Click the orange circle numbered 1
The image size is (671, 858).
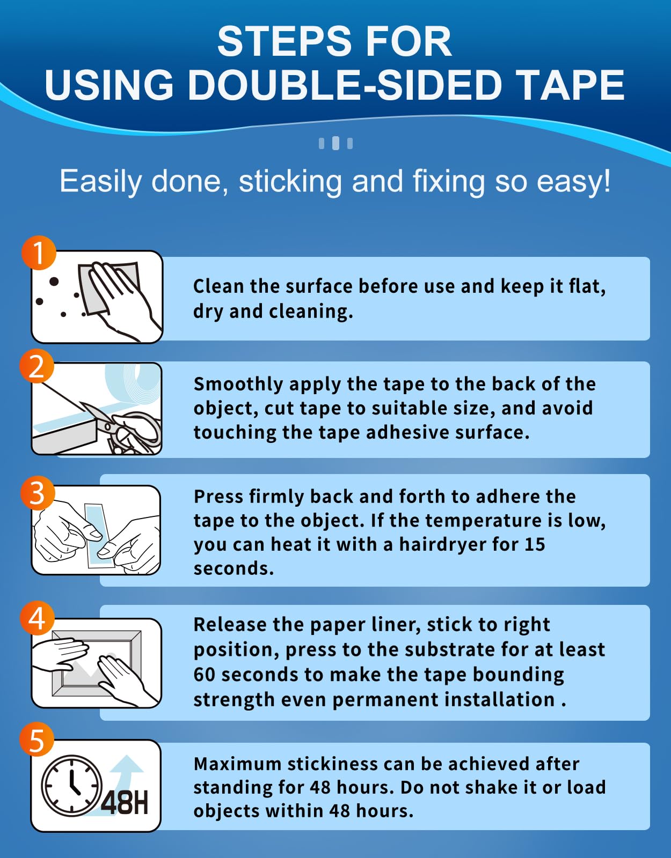pyautogui.click(x=39, y=253)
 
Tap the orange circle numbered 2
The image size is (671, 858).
pyautogui.click(x=37, y=366)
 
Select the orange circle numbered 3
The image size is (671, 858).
pyautogui.click(x=37, y=493)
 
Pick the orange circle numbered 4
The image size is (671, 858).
pyautogui.click(x=37, y=618)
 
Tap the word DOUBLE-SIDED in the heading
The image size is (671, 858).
pyautogui.click(x=345, y=85)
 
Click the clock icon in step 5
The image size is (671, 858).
pyautogui.click(x=72, y=786)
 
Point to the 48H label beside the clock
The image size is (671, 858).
pyautogui.click(x=124, y=803)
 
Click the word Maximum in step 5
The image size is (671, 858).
pyautogui.click(x=237, y=764)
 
